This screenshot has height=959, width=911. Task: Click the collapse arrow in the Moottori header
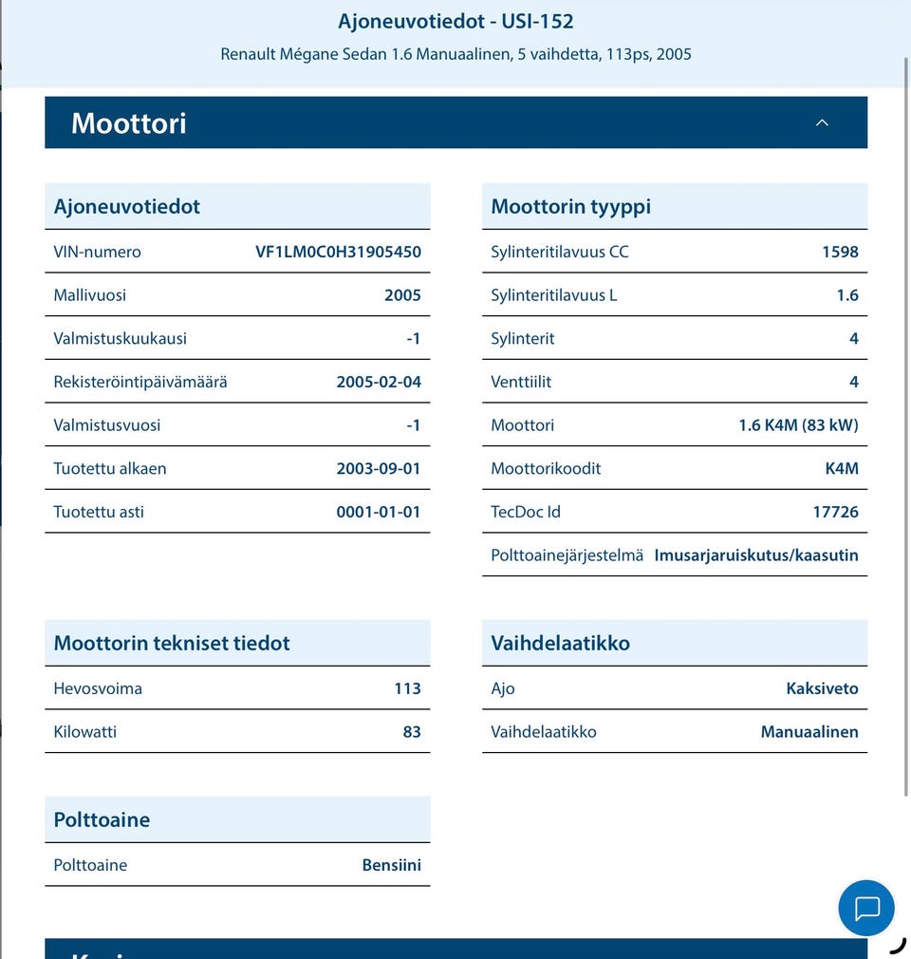coord(822,122)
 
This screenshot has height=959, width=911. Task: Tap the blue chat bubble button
coord(866,908)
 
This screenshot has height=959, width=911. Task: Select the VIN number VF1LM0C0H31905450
coord(338,252)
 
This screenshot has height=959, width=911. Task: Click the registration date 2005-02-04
coord(379,382)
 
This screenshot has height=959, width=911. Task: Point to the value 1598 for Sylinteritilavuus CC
coord(840,252)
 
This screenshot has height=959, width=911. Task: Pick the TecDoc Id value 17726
coord(835,512)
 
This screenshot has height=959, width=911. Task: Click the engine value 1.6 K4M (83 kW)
coord(798,425)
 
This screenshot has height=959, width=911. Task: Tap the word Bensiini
coord(391,865)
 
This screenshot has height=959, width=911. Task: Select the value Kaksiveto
coord(822,688)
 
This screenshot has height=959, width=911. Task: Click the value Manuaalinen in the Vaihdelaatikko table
coord(809,732)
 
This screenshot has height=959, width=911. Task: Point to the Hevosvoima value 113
coord(407,688)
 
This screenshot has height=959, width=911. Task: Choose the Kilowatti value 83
coord(412,732)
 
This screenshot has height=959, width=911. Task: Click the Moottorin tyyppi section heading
coord(570,206)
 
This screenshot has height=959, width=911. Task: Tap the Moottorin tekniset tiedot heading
coord(172,643)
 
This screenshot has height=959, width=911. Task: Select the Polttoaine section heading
coord(102,819)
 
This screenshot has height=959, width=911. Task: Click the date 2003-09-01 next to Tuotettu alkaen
coord(379,469)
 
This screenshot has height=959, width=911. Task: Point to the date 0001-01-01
coord(379,512)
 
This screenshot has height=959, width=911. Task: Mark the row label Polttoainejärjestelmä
coord(567,555)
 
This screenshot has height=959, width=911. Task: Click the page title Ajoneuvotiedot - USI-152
coord(455,21)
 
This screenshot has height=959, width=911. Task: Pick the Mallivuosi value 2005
coord(402,295)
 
